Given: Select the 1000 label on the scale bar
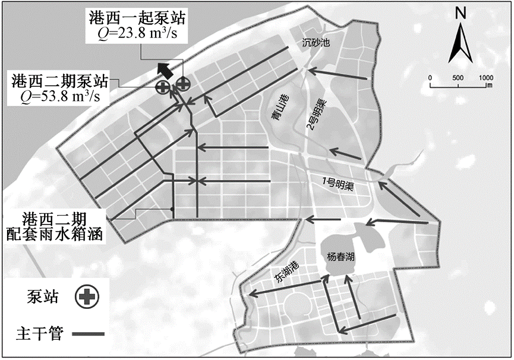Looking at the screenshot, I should click(485, 78).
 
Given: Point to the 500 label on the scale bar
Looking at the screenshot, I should click(458, 78).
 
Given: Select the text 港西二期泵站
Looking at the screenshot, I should click(59, 79).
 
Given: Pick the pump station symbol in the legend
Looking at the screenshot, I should click(87, 295).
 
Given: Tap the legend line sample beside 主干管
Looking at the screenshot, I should click(87, 334).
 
